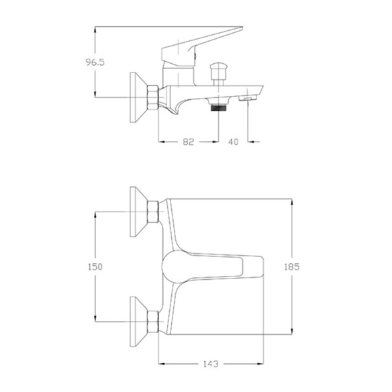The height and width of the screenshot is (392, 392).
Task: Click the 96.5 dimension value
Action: click(x=95, y=62)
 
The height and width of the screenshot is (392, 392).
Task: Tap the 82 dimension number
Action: click(x=188, y=142)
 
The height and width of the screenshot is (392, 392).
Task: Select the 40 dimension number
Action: click(x=233, y=142)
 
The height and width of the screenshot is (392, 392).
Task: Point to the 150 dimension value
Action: click(x=95, y=266)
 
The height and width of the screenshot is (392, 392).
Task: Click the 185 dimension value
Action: click(x=292, y=266)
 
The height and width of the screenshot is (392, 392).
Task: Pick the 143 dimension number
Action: click(x=211, y=364)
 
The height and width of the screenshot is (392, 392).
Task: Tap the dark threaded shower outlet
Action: click(x=219, y=108)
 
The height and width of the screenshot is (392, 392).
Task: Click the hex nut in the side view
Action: click(x=152, y=97)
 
